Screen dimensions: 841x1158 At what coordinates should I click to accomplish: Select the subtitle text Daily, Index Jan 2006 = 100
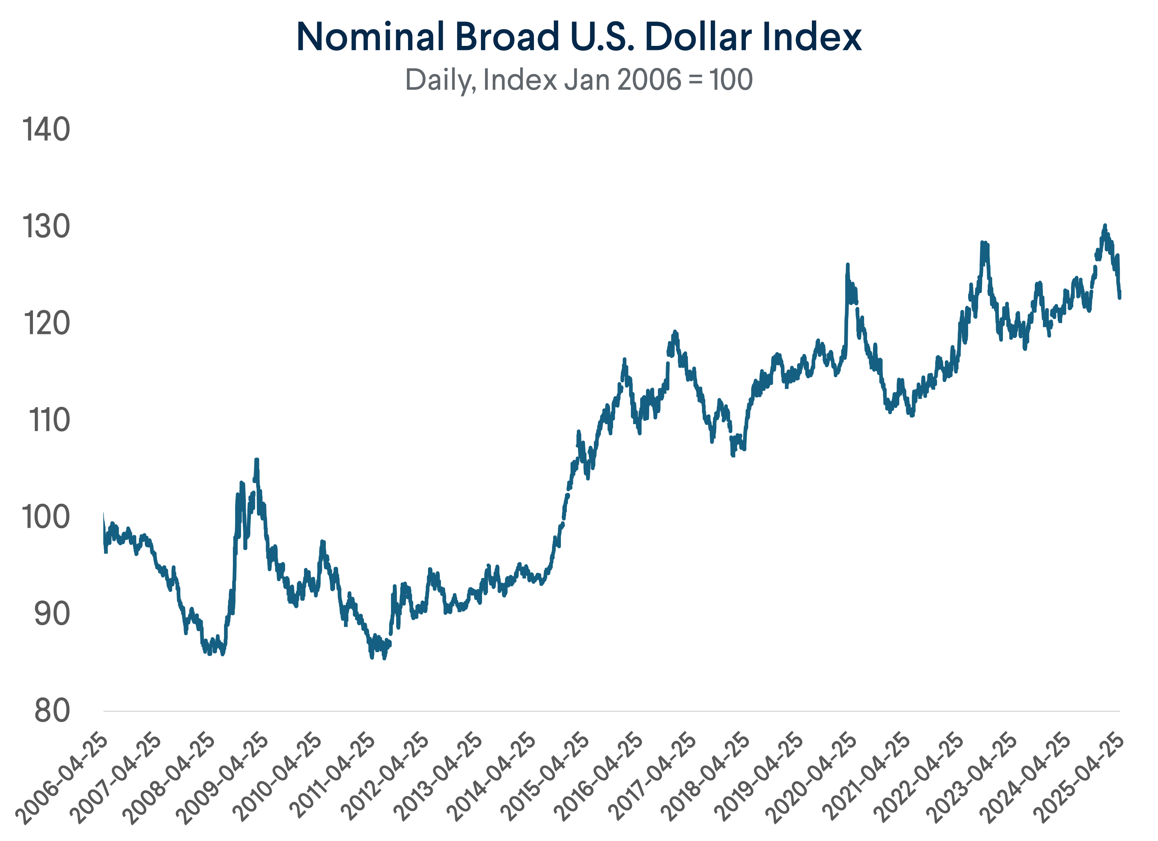[579, 80]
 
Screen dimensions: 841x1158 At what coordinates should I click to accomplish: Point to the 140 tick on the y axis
[46, 129]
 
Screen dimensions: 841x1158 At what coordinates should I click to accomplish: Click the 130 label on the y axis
[46, 226]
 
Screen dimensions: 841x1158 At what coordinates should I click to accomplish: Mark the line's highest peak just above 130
[1105, 225]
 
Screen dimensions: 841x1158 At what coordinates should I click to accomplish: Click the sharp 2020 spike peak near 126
[847, 265]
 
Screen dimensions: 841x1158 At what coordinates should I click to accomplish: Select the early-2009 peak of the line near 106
[257, 460]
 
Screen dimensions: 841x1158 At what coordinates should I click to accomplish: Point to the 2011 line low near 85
[372, 658]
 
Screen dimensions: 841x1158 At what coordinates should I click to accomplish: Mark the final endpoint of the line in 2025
[1120, 298]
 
